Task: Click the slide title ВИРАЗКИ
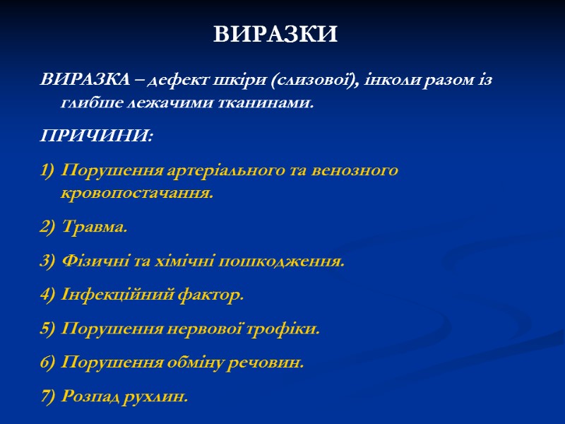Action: point(276,34)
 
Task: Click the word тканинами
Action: point(263,102)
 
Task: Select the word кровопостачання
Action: point(136,193)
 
